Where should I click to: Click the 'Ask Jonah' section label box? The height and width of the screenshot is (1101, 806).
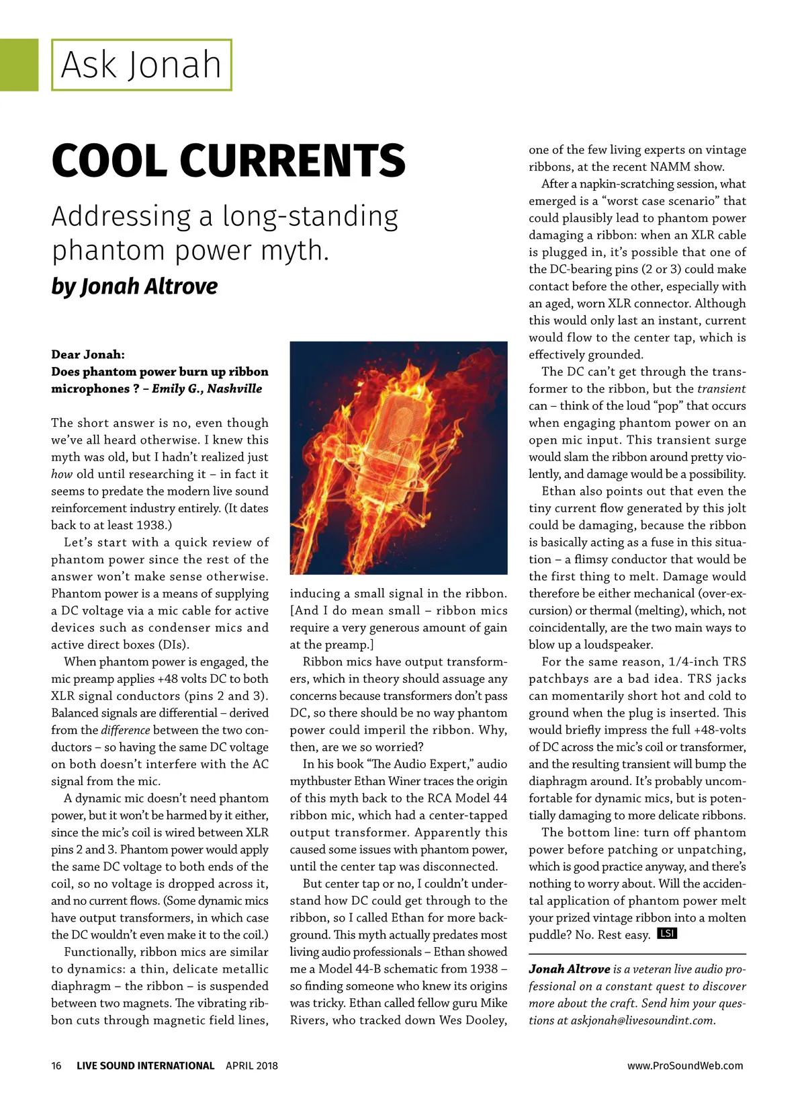point(141,65)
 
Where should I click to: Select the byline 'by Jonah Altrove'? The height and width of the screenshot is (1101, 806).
point(134,286)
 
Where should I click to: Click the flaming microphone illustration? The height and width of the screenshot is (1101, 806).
point(398,457)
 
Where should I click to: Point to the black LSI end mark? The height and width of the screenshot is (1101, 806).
point(667,934)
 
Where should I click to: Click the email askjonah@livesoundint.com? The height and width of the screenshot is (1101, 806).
point(642,1020)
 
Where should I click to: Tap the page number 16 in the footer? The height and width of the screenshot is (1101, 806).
point(56,1065)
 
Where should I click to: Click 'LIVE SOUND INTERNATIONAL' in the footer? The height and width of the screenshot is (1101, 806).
point(145,1065)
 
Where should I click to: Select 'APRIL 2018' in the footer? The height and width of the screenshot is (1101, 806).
point(252,1065)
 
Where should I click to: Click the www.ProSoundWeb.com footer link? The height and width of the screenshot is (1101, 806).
point(685,1065)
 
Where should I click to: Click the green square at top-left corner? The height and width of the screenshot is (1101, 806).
point(19,65)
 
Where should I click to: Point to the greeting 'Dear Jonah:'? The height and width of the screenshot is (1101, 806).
point(88,355)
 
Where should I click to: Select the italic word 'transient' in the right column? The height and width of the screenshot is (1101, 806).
point(721,389)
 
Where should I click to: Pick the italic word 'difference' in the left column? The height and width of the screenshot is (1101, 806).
point(126,730)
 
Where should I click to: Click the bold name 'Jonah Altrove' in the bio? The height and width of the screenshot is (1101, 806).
point(569,969)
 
